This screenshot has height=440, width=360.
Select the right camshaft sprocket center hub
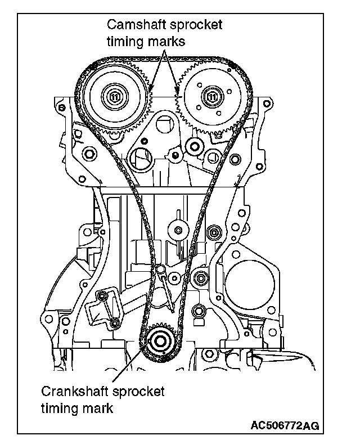point(213,96)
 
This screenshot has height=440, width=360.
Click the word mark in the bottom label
point(100,408)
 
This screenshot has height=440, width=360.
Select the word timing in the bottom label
point(60,408)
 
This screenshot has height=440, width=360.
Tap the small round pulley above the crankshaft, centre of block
point(179,230)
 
